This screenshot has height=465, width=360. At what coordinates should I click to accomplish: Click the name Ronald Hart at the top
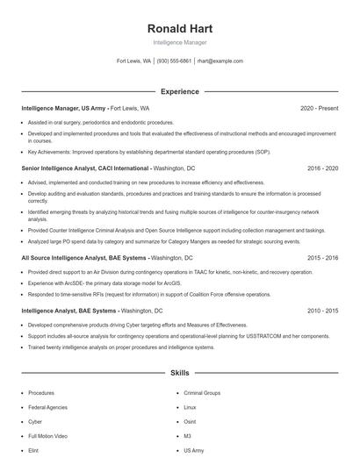tap(180, 29)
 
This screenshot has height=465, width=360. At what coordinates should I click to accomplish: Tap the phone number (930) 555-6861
tap(174, 61)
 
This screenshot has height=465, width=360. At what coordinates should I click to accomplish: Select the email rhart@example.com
tap(220, 61)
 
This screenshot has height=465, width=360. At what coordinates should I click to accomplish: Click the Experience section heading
tap(179, 91)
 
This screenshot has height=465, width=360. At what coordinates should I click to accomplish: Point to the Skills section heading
tap(179, 373)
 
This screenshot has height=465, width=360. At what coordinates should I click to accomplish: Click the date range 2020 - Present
tap(319, 108)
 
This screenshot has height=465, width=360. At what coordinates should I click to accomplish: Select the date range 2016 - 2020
tap(321, 167)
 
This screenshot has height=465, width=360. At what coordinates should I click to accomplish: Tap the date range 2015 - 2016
tap(321, 258)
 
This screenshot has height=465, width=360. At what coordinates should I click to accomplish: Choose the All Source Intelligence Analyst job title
tap(83, 258)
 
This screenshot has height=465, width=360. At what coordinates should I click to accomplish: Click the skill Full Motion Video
tap(48, 435)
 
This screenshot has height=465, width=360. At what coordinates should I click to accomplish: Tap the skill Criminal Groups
tap(202, 393)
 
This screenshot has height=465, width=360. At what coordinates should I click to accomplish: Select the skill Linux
tap(190, 407)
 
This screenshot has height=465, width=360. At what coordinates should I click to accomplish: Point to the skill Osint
tap(190, 421)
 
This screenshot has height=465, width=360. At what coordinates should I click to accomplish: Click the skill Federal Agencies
tap(48, 407)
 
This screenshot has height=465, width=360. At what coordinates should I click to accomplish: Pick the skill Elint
tap(33, 449)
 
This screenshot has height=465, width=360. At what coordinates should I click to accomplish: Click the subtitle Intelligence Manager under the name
tap(180, 42)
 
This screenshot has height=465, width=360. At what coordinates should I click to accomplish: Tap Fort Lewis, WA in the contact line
tap(133, 61)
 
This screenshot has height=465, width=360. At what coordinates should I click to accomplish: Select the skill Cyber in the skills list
tap(35, 421)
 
